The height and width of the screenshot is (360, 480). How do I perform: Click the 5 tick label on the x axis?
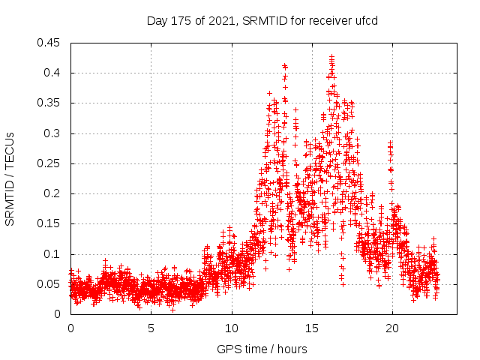[151, 328]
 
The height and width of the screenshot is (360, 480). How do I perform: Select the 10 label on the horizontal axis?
[232, 328]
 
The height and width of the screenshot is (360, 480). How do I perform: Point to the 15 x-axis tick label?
[312, 328]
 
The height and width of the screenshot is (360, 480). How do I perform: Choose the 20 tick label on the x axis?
[392, 328]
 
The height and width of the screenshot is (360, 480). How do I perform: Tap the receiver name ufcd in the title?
[364, 20]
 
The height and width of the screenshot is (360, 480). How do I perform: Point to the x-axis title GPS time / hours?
[262, 349]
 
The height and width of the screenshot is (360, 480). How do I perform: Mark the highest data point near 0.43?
[331, 56]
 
